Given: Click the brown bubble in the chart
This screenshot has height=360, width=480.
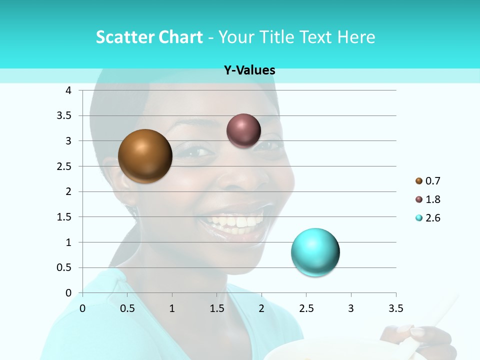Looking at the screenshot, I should coord(145,156).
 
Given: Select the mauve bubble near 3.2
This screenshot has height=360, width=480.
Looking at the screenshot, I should coord(243,130).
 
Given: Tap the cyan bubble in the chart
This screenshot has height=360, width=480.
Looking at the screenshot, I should coord(315,252).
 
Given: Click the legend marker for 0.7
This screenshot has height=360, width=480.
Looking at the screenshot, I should coord(418,181).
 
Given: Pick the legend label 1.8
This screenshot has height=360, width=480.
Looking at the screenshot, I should coord(433,199).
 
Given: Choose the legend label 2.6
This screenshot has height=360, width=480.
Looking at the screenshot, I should coord(433,218).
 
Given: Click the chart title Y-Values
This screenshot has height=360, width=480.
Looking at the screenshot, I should coord(249,70).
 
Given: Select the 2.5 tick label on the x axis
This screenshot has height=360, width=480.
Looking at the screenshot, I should coord(306,308).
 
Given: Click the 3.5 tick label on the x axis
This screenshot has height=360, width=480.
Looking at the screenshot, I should coord(395,308).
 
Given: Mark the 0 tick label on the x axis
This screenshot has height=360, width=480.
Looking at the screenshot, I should coord(82,308).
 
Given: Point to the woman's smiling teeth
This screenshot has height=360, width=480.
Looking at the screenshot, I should coord(235,220).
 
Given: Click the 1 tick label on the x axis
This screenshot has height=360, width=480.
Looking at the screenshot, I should coord(172,308).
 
